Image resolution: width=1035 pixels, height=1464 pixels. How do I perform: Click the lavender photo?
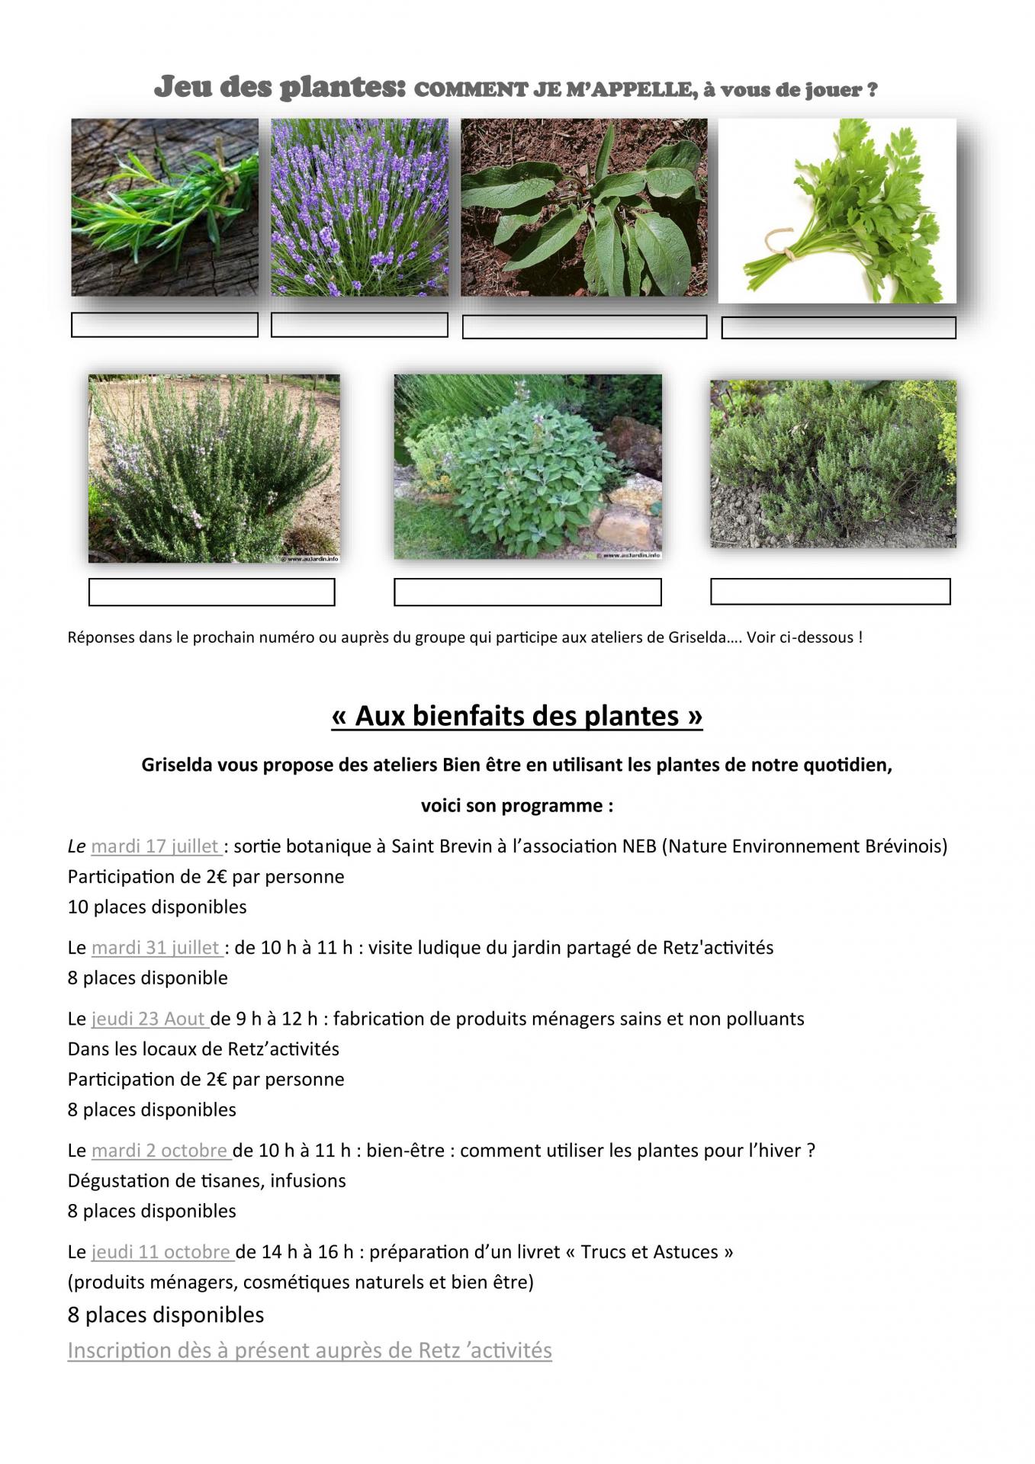359,207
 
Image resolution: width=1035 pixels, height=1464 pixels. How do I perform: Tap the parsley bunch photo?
837,210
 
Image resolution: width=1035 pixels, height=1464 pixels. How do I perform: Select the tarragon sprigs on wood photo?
165,207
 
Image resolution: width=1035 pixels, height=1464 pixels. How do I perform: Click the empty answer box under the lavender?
359,325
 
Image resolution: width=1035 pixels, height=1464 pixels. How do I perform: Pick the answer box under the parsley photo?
838,328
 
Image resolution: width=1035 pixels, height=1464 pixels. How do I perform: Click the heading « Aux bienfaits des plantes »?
517,716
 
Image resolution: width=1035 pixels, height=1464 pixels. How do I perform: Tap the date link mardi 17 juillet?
156,846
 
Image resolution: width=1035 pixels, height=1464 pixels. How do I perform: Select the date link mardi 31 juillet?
156,948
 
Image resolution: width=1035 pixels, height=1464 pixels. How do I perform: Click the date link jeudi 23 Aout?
149,1019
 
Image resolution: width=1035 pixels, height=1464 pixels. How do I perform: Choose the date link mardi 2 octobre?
160,1151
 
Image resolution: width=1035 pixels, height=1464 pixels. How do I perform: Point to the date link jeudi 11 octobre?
162,1252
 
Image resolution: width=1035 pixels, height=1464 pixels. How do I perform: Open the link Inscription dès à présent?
310,1350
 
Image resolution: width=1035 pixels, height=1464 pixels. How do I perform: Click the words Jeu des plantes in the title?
279,88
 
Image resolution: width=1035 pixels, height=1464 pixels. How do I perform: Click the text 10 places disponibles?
157,907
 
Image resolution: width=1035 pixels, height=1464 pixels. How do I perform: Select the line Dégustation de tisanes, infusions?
207,1181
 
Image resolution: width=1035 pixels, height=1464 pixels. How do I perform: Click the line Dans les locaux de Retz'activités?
204,1049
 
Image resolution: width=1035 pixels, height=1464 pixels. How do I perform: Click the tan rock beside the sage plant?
618,526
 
